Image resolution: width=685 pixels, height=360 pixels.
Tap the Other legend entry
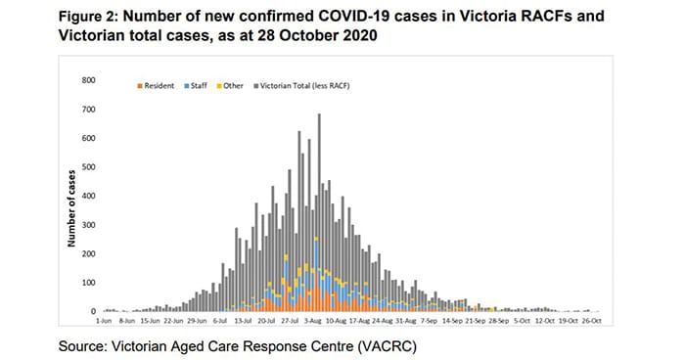pos(230,86)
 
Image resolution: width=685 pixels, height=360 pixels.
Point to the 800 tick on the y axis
pos(89,80)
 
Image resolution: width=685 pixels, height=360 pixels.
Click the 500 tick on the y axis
pos(89,167)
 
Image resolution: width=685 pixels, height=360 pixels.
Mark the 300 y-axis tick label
pos(89,225)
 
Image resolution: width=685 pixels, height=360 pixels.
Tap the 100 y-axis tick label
pos(89,283)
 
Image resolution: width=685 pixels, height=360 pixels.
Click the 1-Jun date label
pos(104,321)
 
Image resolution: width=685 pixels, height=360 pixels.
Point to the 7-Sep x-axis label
pos(430,321)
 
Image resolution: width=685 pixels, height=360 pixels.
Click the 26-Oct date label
pos(592,321)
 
